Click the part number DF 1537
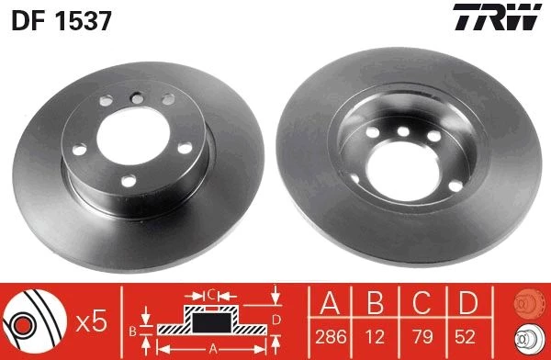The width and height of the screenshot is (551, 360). (62, 20)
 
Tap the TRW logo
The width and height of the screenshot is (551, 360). (497, 17)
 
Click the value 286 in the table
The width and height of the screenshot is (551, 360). (331, 337)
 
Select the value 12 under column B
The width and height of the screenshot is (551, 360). (375, 337)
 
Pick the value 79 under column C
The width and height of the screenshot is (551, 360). (422, 337)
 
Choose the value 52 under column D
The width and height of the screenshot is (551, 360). (465, 337)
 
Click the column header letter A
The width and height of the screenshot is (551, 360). (330, 303)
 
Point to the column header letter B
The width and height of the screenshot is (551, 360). (375, 303)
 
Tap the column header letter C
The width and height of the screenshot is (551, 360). (422, 303)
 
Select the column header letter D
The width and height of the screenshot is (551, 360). (468, 303)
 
